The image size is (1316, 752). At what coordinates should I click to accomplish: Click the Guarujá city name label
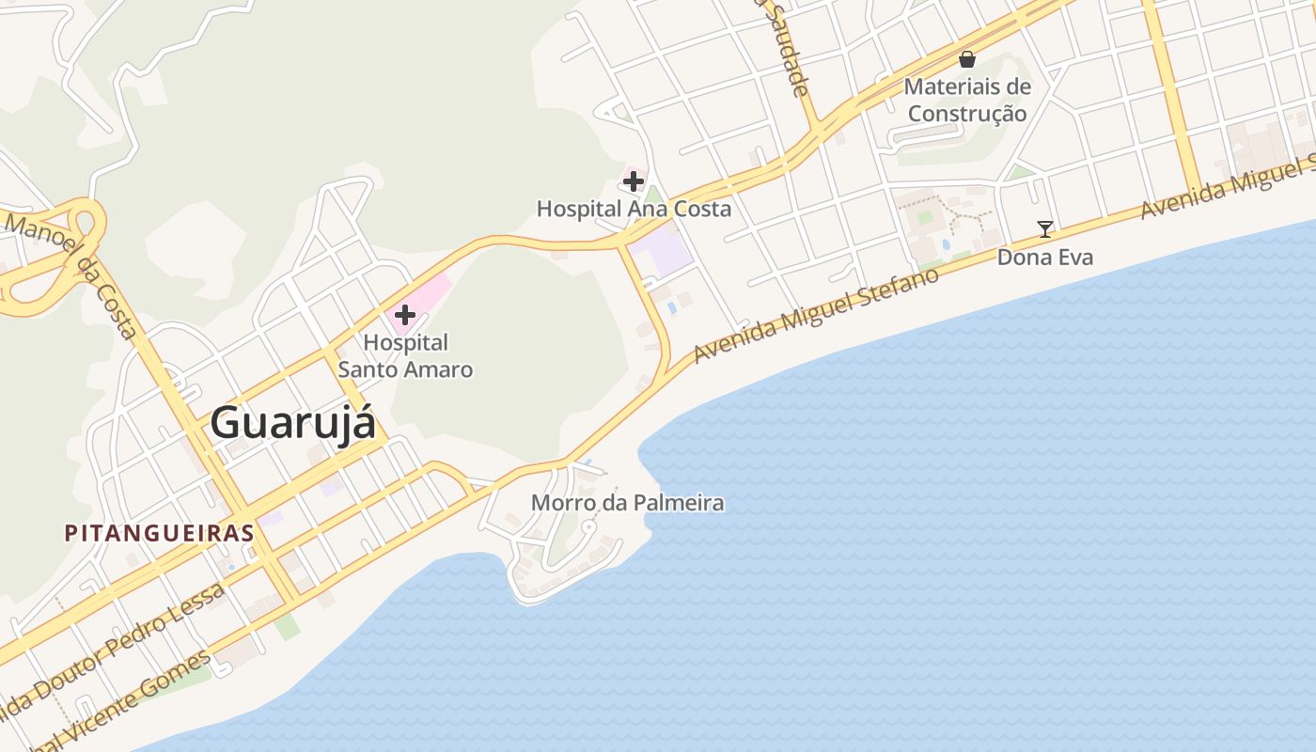(x=292, y=422)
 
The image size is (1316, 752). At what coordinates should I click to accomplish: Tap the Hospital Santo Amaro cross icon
(x=405, y=314)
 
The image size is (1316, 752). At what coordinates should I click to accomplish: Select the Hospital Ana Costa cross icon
(x=634, y=180)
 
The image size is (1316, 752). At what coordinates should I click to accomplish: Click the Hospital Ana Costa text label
(x=634, y=209)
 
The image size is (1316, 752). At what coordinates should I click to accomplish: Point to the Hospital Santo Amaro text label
(x=405, y=356)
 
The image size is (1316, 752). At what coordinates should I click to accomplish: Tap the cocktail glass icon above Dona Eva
(x=1044, y=228)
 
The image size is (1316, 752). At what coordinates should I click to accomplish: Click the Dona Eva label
(x=1044, y=257)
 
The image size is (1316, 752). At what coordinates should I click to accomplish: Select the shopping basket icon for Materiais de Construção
(x=967, y=59)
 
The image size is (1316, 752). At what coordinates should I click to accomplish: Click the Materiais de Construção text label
(x=967, y=100)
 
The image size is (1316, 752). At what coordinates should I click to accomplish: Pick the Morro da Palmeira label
(x=627, y=503)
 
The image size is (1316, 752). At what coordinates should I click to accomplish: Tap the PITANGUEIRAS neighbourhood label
(x=159, y=533)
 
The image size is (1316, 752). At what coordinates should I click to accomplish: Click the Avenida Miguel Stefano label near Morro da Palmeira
(x=816, y=315)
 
